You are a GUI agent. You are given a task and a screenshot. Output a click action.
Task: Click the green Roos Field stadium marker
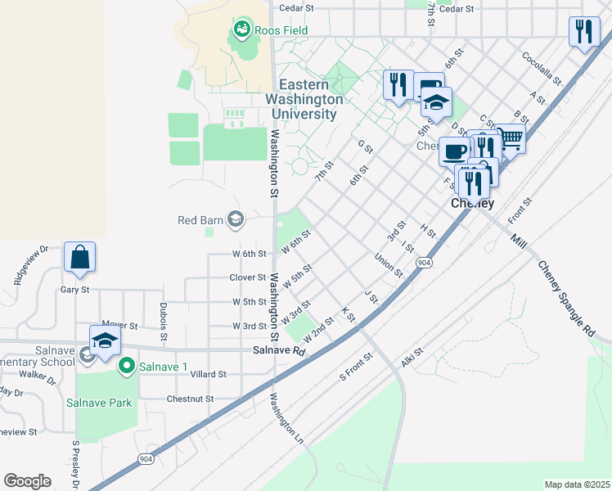[241, 31]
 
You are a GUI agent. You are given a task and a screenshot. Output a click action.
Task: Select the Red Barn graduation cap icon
[236, 218]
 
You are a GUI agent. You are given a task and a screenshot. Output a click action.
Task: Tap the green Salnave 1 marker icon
[126, 364]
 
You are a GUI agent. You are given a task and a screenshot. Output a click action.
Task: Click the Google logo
[27, 480]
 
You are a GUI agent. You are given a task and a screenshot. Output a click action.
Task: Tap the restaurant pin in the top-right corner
[584, 32]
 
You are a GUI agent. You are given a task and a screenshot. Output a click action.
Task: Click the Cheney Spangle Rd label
[567, 300]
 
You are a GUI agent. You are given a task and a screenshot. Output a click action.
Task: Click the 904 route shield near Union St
[423, 262]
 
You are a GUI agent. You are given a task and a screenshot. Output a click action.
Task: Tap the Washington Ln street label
[286, 419]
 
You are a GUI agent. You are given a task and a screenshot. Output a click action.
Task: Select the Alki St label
[412, 356]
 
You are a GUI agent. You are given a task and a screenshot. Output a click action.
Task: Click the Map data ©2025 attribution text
[576, 484]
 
